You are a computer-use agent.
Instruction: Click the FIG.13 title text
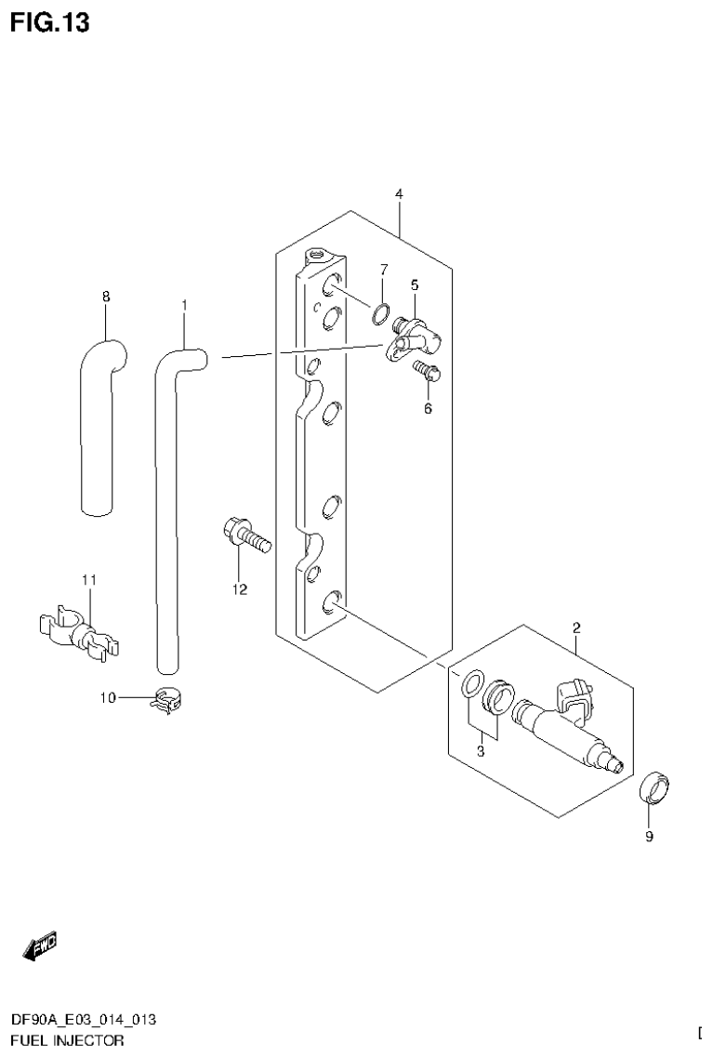point(50,23)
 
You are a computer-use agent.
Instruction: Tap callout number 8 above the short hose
point(106,297)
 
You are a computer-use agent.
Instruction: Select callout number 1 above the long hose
point(184,305)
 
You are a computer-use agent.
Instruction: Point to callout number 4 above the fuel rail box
point(398,193)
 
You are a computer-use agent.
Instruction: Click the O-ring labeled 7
point(380,313)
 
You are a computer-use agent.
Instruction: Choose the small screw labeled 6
point(429,374)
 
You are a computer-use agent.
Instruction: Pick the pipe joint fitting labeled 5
point(416,335)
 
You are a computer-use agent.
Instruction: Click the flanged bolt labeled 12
point(245,536)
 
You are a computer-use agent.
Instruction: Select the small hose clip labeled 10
point(166,699)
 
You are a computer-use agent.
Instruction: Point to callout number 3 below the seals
point(481,751)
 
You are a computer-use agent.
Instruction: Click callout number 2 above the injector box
point(576,628)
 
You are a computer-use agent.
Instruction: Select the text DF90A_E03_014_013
point(84,1020)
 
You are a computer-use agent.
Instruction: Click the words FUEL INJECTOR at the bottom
point(67,1040)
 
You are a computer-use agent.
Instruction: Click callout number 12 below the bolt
point(240,589)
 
